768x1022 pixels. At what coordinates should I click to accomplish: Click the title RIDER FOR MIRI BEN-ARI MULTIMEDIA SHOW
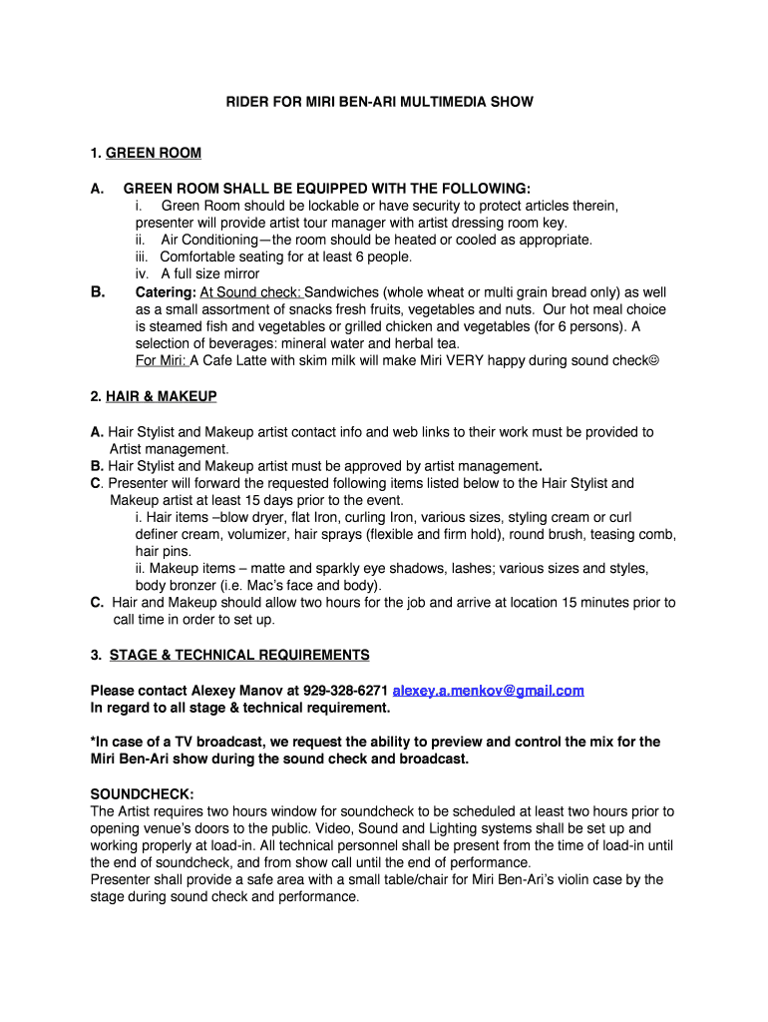(x=378, y=102)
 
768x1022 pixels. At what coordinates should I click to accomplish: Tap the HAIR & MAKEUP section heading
(x=161, y=396)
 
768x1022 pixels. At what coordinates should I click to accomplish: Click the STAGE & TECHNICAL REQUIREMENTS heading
(x=239, y=655)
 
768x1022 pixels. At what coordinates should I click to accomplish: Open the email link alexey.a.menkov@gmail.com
(x=488, y=690)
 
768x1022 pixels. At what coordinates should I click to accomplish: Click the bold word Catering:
(x=166, y=292)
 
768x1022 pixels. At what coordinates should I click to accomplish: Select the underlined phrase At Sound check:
(x=251, y=292)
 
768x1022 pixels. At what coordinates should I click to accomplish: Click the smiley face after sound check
(x=654, y=360)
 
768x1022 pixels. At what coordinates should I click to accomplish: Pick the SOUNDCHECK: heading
(x=139, y=793)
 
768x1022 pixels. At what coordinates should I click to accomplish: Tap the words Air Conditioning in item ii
(x=208, y=240)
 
